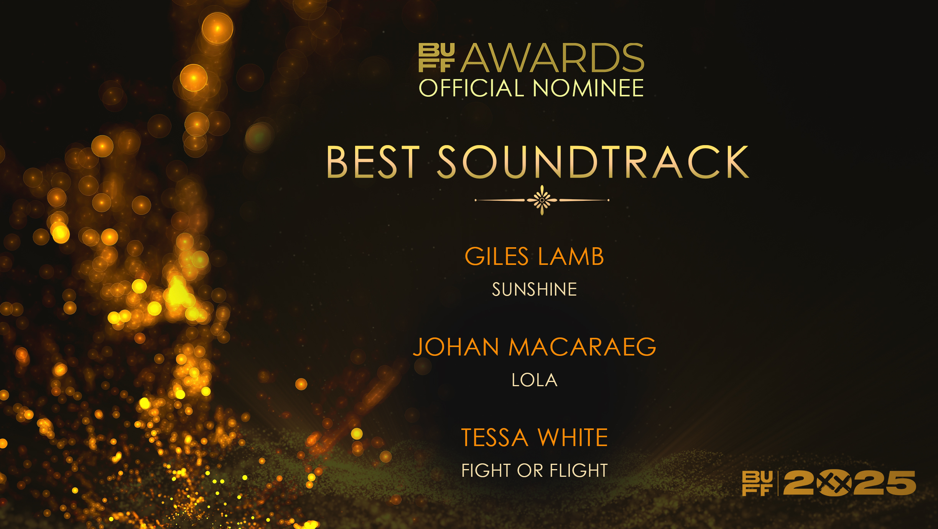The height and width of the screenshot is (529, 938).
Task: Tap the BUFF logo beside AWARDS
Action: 436,58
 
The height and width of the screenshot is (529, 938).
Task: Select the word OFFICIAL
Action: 471,88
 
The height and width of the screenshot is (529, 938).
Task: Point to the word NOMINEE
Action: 588,88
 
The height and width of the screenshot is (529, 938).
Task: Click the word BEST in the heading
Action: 373,162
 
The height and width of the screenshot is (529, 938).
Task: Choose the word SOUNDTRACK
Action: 593,162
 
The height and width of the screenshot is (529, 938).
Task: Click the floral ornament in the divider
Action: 542,200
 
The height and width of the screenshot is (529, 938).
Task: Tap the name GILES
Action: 497,256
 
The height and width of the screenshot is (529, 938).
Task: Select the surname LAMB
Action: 571,256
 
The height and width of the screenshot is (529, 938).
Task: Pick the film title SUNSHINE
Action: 535,289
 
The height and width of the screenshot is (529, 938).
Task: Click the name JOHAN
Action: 456,347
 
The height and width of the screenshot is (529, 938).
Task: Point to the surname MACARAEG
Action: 582,347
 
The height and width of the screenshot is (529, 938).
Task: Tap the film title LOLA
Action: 535,380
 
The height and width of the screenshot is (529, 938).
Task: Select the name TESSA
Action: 495,438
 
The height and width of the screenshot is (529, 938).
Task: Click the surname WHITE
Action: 573,438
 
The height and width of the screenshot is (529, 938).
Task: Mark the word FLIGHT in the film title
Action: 579,471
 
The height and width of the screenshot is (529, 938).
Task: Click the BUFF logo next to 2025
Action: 757,484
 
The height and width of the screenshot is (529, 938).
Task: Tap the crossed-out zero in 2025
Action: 834,483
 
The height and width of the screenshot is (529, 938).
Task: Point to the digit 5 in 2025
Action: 900,483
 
